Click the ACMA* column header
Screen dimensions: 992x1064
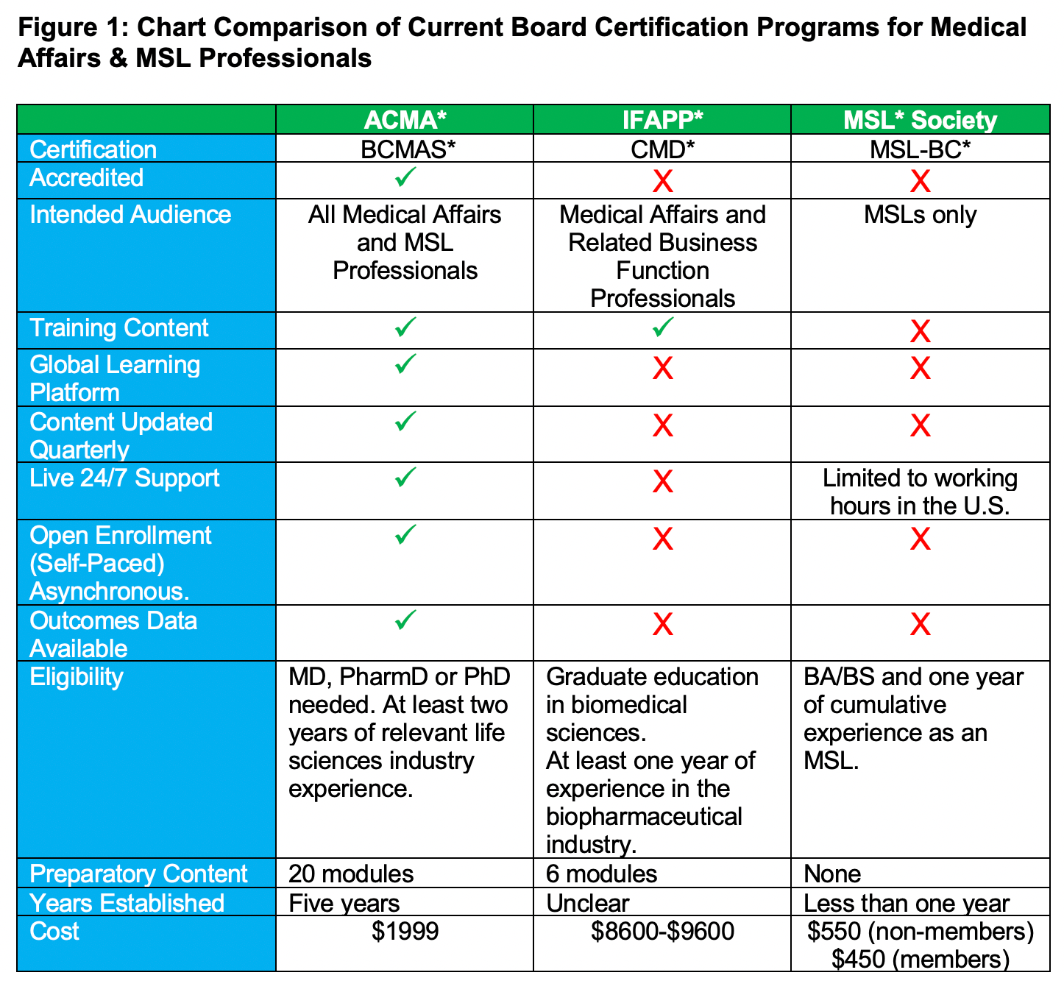pos(405,120)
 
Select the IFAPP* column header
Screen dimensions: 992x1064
pos(662,120)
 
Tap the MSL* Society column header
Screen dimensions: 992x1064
pos(920,120)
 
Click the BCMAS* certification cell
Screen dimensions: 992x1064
pos(405,149)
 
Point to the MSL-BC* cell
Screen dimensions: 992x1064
pos(920,149)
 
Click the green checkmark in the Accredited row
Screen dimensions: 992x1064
pos(405,177)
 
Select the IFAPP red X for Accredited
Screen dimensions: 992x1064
pos(662,181)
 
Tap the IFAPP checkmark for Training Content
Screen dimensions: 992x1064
pos(662,327)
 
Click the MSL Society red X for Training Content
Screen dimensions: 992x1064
pos(920,332)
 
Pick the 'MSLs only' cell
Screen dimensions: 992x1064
pos(920,215)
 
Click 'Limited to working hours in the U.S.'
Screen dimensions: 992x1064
pos(920,492)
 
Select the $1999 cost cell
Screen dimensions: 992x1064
pos(405,932)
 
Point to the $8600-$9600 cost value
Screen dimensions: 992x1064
pos(662,932)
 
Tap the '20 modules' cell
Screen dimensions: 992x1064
pos(351,874)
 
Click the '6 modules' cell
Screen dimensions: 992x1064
pos(601,874)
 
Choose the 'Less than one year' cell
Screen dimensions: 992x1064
pos(907,903)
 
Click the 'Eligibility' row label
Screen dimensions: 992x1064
pos(76,677)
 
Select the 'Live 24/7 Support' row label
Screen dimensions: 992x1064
pos(124,478)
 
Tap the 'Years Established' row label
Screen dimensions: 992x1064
pos(127,903)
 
